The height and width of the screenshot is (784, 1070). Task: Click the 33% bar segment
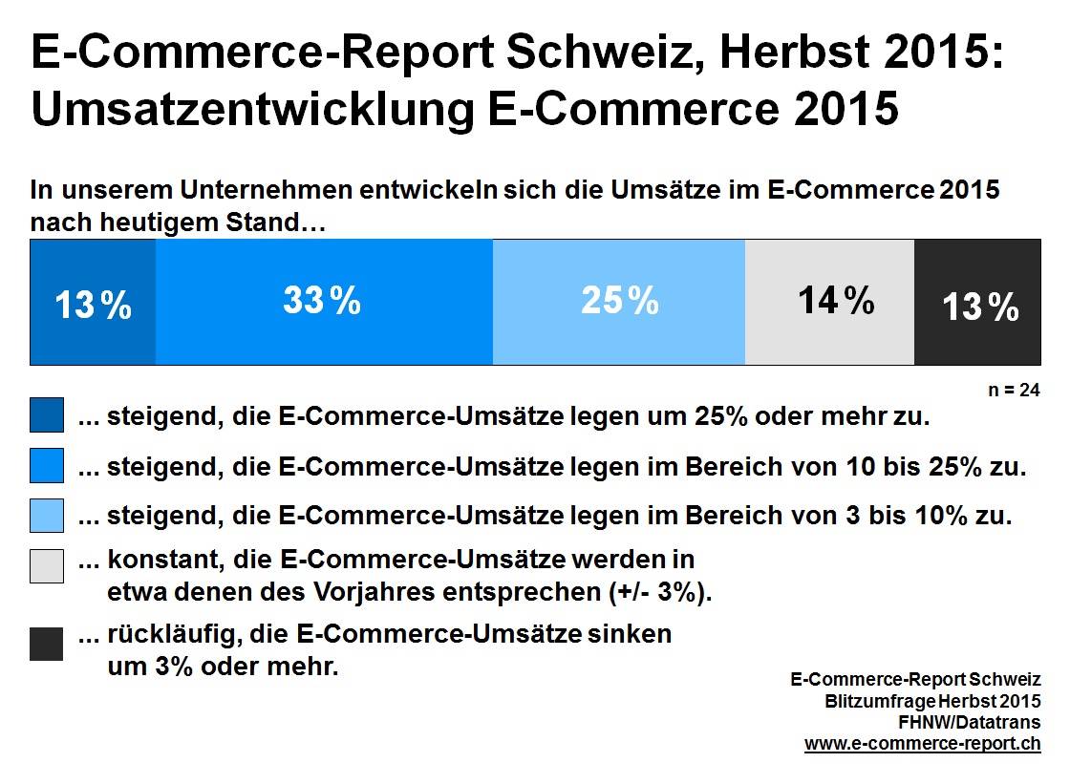click(x=324, y=302)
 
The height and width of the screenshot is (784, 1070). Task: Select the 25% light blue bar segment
click(x=619, y=302)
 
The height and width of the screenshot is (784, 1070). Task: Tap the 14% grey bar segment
click(x=829, y=302)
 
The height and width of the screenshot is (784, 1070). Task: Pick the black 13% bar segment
click(x=976, y=302)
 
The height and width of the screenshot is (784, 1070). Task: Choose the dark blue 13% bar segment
click(x=93, y=302)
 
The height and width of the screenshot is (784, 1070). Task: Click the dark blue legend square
click(x=47, y=416)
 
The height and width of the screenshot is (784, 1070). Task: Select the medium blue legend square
click(x=47, y=466)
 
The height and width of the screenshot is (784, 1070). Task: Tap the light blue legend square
click(x=47, y=516)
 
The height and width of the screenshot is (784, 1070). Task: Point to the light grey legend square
click(x=47, y=565)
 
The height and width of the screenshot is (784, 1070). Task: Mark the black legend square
click(x=47, y=644)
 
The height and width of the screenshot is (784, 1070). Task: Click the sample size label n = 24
click(x=1016, y=391)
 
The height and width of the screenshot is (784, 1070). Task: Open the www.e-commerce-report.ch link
click(x=923, y=743)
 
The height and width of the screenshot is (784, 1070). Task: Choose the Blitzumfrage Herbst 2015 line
click(x=933, y=702)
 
